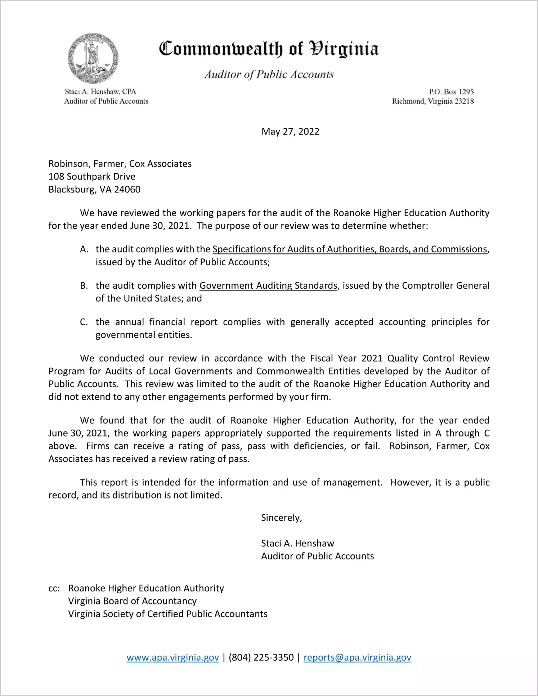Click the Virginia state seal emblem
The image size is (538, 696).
[93, 58]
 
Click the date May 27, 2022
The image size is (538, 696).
[290, 132]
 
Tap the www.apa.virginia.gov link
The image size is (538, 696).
[172, 657]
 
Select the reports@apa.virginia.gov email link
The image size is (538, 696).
[357, 657]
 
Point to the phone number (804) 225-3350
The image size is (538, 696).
[261, 657]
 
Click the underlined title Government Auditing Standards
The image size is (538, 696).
[268, 286]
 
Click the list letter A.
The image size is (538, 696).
[84, 249]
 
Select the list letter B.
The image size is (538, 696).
[84, 286]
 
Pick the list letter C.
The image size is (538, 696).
[84, 322]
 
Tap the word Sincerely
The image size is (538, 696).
[281, 518]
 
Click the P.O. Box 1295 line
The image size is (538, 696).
[451, 92]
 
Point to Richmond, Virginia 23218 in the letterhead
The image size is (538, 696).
[433, 101]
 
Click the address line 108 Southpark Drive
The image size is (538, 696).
[92, 177]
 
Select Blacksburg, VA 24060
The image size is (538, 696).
[94, 190]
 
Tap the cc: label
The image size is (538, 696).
[54, 589]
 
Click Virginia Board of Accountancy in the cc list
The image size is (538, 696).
[132, 601]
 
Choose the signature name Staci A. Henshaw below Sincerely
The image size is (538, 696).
[297, 544]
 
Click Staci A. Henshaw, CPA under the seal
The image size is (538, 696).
[100, 92]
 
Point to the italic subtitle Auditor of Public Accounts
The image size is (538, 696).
[269, 75]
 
